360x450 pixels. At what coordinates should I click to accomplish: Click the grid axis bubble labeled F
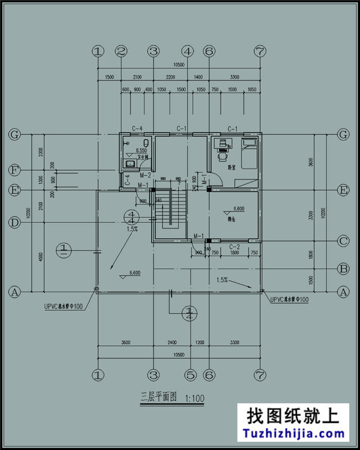coord(16,170)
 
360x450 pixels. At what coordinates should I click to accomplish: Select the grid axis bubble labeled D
coord(16,223)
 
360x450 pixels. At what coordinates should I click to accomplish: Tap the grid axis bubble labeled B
coord(343,269)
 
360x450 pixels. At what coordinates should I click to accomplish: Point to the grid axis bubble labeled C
coord(343,241)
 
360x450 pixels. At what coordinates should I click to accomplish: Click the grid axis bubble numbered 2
coord(121,52)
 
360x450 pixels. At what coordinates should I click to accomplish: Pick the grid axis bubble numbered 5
coord(191,375)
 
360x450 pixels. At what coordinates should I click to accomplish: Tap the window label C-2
coord(234,247)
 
